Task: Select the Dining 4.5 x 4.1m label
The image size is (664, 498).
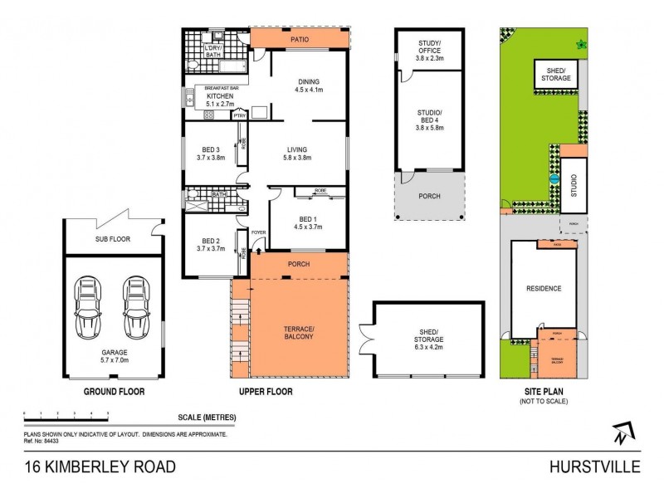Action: [x=308, y=85]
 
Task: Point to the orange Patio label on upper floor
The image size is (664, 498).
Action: [x=299, y=38]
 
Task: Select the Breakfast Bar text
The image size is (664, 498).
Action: [x=214, y=86]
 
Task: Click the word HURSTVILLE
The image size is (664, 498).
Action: [x=594, y=466]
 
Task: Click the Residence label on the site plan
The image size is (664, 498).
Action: [x=544, y=289]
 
